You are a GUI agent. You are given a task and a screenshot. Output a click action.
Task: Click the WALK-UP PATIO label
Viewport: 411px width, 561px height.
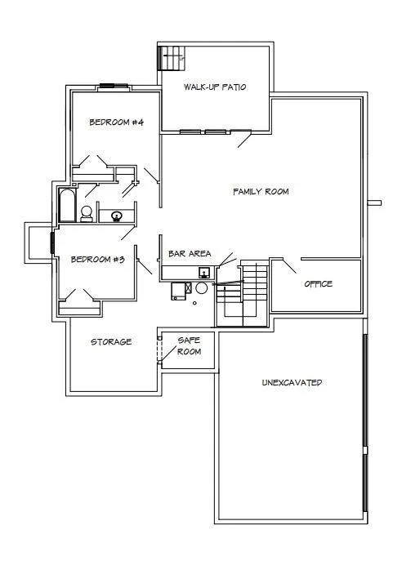[x=215, y=87]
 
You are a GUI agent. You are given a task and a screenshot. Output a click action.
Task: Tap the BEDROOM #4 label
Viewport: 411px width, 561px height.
[x=116, y=122]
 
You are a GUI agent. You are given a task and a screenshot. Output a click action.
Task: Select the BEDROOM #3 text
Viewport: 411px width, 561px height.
[x=98, y=260]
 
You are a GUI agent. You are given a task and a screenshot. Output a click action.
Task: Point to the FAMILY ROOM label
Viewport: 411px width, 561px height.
[x=261, y=192]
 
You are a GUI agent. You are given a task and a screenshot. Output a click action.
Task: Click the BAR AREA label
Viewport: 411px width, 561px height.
[x=190, y=254]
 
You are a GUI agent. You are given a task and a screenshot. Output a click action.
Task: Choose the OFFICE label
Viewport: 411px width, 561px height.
[x=319, y=284]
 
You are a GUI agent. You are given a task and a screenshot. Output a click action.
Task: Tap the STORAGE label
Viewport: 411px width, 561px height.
[x=111, y=342]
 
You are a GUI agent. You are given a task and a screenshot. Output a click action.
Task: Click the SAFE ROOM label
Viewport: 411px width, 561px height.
[x=189, y=346]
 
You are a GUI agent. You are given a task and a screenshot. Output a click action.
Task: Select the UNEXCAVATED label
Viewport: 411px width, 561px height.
[x=292, y=383]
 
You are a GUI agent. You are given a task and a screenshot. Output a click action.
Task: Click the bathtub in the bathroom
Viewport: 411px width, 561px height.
[x=67, y=205]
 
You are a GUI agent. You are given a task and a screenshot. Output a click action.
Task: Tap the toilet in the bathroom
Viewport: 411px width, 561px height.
[x=87, y=214]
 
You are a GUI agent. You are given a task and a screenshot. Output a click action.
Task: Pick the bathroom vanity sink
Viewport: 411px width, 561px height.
[x=116, y=216]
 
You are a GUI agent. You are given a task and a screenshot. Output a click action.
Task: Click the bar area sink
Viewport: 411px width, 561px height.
[x=204, y=273]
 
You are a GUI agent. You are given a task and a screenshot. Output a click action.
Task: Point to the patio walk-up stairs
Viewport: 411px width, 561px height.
[x=172, y=58]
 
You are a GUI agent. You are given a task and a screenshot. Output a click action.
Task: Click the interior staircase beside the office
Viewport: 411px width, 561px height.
[x=243, y=294]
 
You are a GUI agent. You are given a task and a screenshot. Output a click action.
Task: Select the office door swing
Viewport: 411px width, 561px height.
[x=289, y=266]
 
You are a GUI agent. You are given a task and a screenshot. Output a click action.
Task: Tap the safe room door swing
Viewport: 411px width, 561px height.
[x=168, y=354]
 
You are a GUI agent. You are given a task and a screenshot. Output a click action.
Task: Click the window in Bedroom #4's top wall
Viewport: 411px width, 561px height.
[x=114, y=86]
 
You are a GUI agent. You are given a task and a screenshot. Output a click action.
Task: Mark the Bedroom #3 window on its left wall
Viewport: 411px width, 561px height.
[x=52, y=243]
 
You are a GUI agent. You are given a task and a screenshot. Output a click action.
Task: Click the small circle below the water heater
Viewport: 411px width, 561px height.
[x=194, y=303]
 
